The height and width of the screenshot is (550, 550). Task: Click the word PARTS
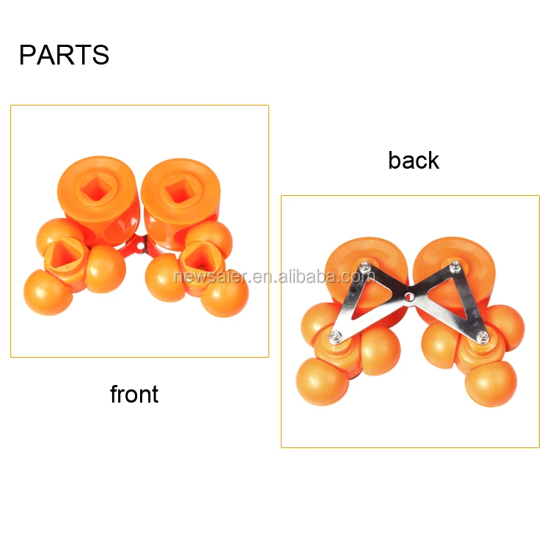[x=64, y=56]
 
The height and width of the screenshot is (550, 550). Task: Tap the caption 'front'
[x=134, y=395]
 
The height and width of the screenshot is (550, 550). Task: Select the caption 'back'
[x=414, y=161]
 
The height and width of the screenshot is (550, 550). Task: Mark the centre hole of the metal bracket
[x=409, y=297]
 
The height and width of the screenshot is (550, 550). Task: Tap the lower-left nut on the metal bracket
[x=335, y=336]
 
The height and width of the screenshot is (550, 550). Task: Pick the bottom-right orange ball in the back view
[x=491, y=383]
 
